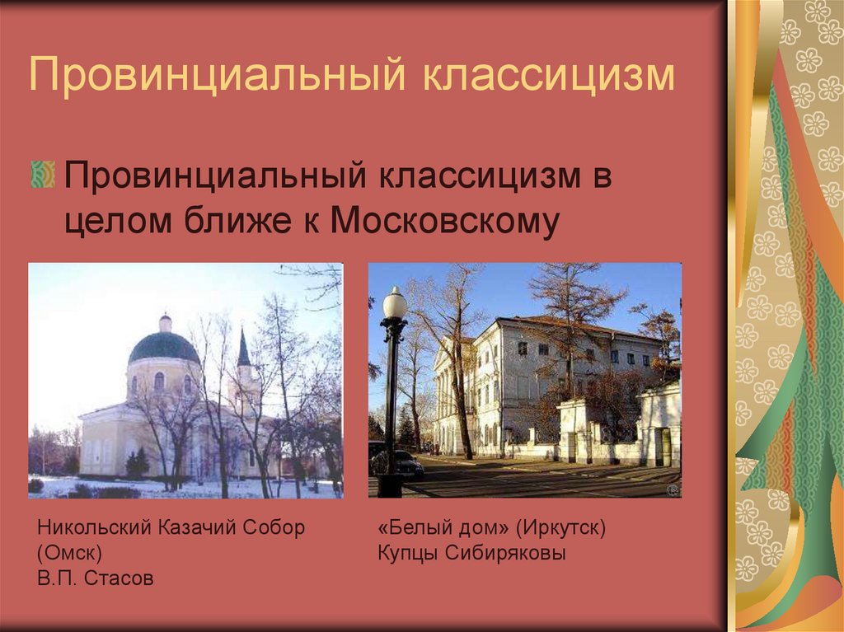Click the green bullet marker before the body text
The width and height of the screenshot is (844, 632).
42,174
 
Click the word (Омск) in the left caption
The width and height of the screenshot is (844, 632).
69,553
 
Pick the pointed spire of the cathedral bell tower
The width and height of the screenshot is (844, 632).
243,348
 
